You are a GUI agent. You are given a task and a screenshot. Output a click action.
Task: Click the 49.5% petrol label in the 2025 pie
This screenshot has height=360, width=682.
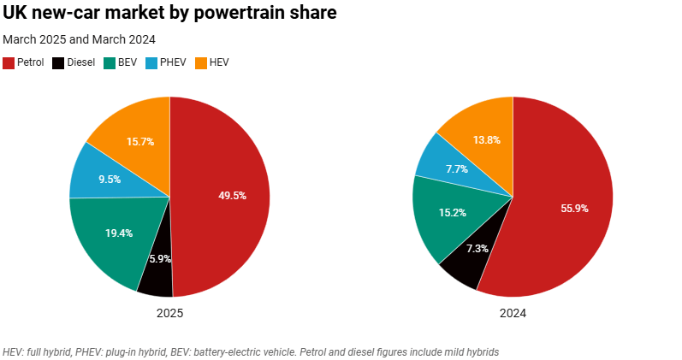click(232, 196)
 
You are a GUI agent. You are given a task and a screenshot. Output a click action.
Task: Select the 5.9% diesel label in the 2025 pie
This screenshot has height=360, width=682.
click(160, 258)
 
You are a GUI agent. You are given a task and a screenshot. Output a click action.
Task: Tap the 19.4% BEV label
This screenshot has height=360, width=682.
click(119, 233)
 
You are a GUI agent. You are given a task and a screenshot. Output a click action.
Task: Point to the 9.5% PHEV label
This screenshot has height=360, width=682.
click(109, 180)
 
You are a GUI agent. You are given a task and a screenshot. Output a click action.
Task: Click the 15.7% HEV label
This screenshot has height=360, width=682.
click(139, 141)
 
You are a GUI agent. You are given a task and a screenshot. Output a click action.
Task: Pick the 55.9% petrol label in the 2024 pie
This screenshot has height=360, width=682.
click(574, 208)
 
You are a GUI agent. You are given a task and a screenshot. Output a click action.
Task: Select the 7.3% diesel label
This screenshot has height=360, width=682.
click(477, 248)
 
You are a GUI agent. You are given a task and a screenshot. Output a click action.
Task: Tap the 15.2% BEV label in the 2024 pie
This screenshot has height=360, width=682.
click(453, 212)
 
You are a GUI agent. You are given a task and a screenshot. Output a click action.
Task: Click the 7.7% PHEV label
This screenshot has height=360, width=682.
click(456, 169)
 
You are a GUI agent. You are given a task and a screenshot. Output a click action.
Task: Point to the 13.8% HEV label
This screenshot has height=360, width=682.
click(486, 139)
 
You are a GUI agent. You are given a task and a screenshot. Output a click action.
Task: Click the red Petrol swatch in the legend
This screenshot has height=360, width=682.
click(9, 63)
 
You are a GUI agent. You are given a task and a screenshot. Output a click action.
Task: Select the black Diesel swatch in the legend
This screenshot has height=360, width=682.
click(58, 63)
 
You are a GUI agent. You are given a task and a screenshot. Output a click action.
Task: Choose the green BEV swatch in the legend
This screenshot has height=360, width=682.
click(110, 63)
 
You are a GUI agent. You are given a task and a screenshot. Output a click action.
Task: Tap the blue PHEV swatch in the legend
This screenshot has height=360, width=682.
click(152, 63)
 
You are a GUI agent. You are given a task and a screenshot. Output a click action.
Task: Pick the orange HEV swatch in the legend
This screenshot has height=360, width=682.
click(202, 63)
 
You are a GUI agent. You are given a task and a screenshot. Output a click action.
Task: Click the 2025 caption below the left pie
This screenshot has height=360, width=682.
click(169, 314)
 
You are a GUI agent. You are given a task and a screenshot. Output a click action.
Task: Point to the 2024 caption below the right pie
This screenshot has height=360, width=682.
click(513, 314)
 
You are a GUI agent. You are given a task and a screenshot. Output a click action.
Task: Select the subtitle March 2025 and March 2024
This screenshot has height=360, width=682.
click(79, 39)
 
